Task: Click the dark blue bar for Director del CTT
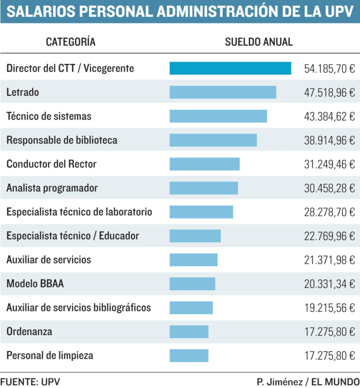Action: tap(230, 68)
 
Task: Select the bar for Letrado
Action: tap(223, 92)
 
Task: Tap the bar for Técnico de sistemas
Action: tap(218, 116)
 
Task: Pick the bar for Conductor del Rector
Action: tap(204, 164)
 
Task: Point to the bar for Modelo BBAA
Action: tap(192, 284)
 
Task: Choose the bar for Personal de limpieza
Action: tap(189, 355)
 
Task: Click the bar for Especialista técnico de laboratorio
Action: tap(201, 212)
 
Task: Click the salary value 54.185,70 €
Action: tap(329, 69)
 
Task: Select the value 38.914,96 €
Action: tap(329, 140)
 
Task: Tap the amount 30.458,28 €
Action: tap(329, 188)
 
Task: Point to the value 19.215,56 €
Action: tap(329, 308)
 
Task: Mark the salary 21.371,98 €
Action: tap(329, 260)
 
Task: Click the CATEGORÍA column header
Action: tap(71, 42)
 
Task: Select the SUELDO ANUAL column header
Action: tap(259, 42)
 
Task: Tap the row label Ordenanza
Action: tap(30, 332)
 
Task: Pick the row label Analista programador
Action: tap(52, 188)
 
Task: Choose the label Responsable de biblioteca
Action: tap(62, 140)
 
